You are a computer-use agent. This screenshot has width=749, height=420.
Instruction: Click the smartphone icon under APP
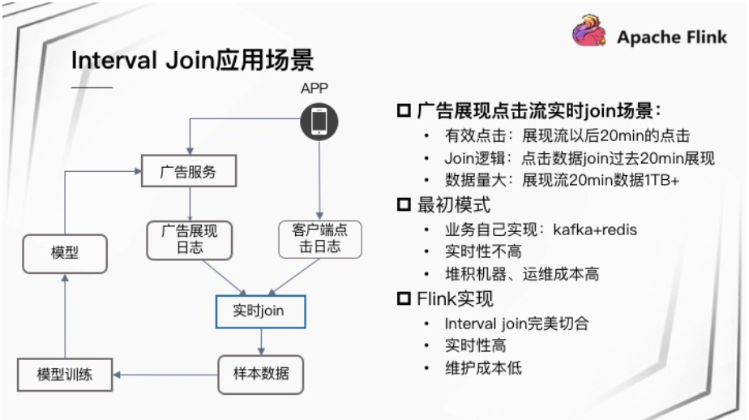(319, 121)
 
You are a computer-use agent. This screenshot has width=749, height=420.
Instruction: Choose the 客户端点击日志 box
(319, 239)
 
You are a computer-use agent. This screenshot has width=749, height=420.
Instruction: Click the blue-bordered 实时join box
(259, 311)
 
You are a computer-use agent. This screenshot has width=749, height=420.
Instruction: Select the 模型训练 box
(65, 375)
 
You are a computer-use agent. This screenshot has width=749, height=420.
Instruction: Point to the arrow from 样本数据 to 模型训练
(165, 375)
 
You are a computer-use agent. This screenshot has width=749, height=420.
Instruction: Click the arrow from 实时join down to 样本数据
(259, 341)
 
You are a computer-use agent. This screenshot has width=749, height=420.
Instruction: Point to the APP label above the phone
(315, 88)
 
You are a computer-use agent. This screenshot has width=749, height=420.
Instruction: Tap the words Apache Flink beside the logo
(671, 36)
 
